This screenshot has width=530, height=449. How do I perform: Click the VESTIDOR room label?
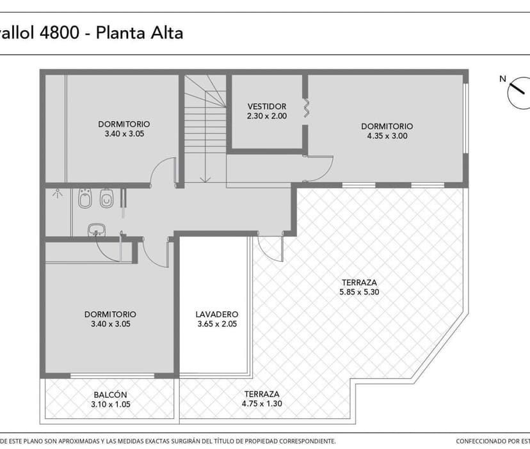pos(267,106)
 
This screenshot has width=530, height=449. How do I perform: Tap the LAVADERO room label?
pos(217,315)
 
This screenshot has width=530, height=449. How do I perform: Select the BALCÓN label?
pos(110,395)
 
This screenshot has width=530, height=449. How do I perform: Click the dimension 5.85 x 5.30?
pos(358,292)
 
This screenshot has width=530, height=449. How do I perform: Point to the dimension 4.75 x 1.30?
pos(262,404)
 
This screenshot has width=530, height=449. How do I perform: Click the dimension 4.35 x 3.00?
pos(387,136)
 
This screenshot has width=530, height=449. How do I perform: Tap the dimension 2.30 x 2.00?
pos(267,116)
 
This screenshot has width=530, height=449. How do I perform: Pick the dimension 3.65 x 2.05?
pos(217,324)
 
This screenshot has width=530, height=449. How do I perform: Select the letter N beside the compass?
pos(503,79)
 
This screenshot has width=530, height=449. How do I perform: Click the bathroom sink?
pos(97,230)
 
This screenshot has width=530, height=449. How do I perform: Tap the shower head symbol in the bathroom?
pos(57,191)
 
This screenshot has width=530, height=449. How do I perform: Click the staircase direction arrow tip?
pos(202,180)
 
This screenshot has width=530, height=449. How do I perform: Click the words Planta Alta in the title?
pos(139,33)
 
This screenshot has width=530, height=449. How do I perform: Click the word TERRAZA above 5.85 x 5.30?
pos(358,283)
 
